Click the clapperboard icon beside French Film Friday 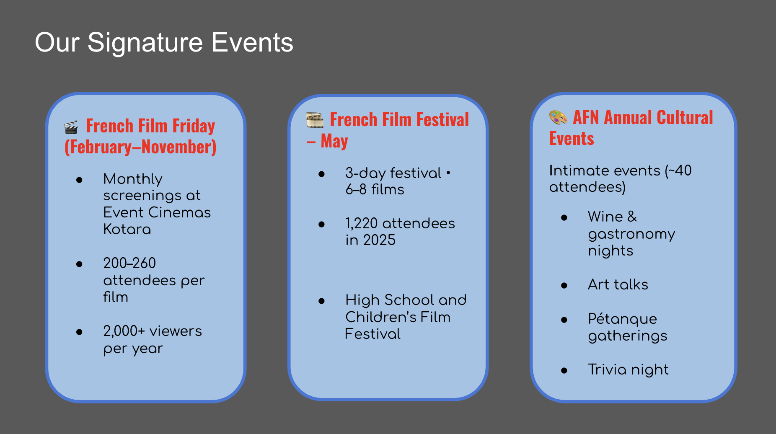click(71, 127)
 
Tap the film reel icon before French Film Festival click(315, 120)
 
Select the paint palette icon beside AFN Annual click(558, 118)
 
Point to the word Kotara click(127, 229)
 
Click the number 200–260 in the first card click(129, 263)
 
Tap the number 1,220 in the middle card click(361, 223)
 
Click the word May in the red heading click(334, 141)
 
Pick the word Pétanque click(622, 319)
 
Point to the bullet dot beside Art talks click(564, 286)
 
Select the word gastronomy click(631, 234)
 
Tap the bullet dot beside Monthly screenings click(79, 180)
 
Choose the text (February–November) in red click(140, 147)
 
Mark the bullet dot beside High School click(321, 301)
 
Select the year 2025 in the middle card click(379, 240)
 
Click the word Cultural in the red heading click(685, 118)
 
